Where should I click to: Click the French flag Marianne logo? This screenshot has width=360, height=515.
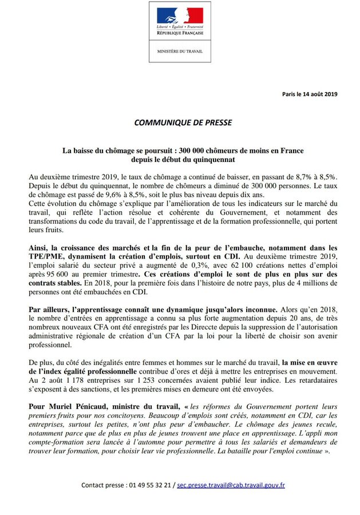click(180, 15)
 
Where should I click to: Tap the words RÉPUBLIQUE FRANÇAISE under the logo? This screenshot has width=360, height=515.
click(180, 33)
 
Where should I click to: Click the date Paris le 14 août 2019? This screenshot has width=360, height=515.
click(310, 94)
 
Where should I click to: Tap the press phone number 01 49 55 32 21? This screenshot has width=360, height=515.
click(148, 485)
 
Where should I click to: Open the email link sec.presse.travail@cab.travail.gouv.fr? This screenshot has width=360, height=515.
click(231, 485)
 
